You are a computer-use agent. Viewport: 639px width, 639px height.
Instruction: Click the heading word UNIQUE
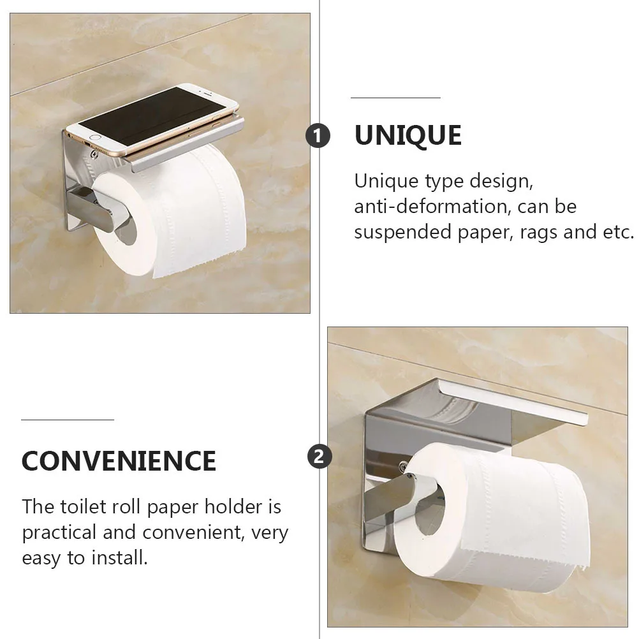[408, 136]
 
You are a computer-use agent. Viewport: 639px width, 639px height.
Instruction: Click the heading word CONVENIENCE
[119, 460]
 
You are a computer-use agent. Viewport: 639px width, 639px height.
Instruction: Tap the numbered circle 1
[318, 136]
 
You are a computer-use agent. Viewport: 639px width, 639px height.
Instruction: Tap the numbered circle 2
[319, 457]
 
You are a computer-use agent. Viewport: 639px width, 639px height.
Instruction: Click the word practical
[59, 532]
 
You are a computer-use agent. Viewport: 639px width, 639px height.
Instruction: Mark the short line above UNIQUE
[395, 98]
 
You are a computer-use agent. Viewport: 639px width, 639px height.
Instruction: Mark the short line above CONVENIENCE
[67, 420]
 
